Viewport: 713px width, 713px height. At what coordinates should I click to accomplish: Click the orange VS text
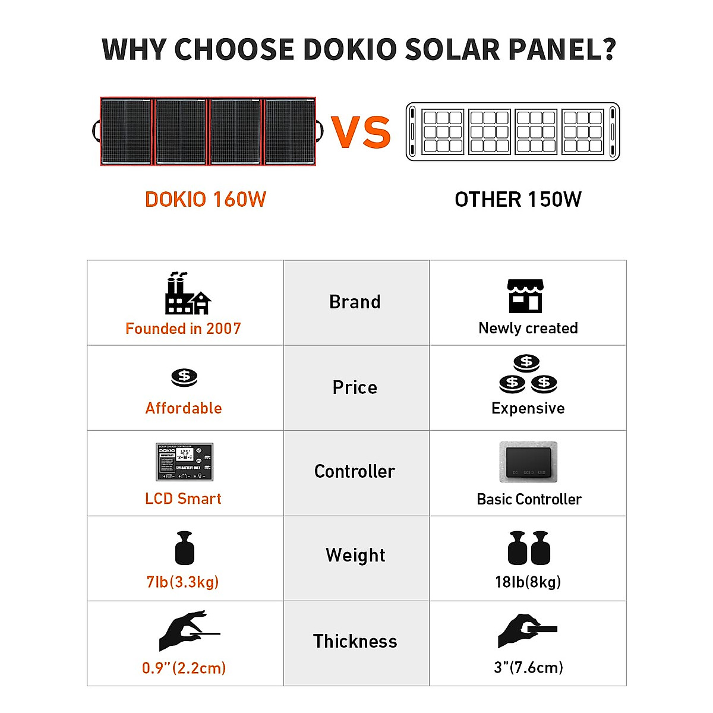[361, 131]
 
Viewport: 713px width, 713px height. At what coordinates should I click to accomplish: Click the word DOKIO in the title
[350, 49]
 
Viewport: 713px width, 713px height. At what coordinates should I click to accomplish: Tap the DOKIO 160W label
[206, 200]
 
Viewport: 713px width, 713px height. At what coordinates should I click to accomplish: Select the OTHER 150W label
[518, 200]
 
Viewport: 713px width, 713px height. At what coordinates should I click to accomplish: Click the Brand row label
[355, 302]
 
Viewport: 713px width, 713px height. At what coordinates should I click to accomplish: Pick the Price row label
[355, 387]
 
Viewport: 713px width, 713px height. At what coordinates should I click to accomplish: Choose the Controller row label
[355, 472]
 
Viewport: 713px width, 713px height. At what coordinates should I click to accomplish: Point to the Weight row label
[355, 556]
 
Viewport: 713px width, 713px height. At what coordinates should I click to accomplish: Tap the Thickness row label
[355, 642]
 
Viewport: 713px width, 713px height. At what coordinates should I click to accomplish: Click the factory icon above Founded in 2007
[187, 294]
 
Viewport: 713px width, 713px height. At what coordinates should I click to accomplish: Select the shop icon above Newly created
[525, 296]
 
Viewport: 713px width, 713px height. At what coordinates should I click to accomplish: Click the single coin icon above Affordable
[184, 377]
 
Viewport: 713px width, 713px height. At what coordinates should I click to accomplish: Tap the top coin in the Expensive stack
[526, 362]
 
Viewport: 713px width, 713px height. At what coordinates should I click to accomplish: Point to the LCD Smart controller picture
[184, 462]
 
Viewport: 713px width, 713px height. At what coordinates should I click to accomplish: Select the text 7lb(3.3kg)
[183, 582]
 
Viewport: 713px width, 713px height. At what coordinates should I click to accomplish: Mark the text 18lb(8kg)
[528, 582]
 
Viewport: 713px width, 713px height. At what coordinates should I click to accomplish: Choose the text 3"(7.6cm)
[528, 667]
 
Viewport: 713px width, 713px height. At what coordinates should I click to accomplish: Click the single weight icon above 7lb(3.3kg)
[185, 548]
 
